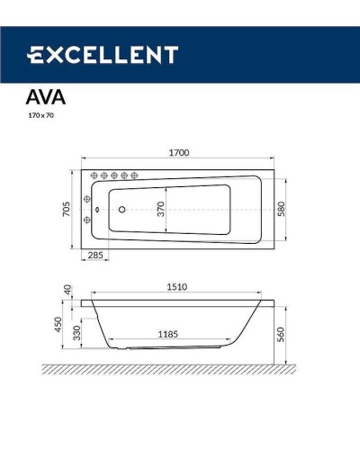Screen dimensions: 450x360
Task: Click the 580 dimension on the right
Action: coord(281,208)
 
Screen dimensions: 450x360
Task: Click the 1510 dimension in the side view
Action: coord(177,288)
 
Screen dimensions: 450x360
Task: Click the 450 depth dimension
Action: coord(58,322)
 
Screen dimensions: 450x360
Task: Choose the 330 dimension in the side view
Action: coord(77,332)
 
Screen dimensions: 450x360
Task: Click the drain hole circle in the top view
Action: coord(122,210)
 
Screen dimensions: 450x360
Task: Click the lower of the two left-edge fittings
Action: coord(87,220)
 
